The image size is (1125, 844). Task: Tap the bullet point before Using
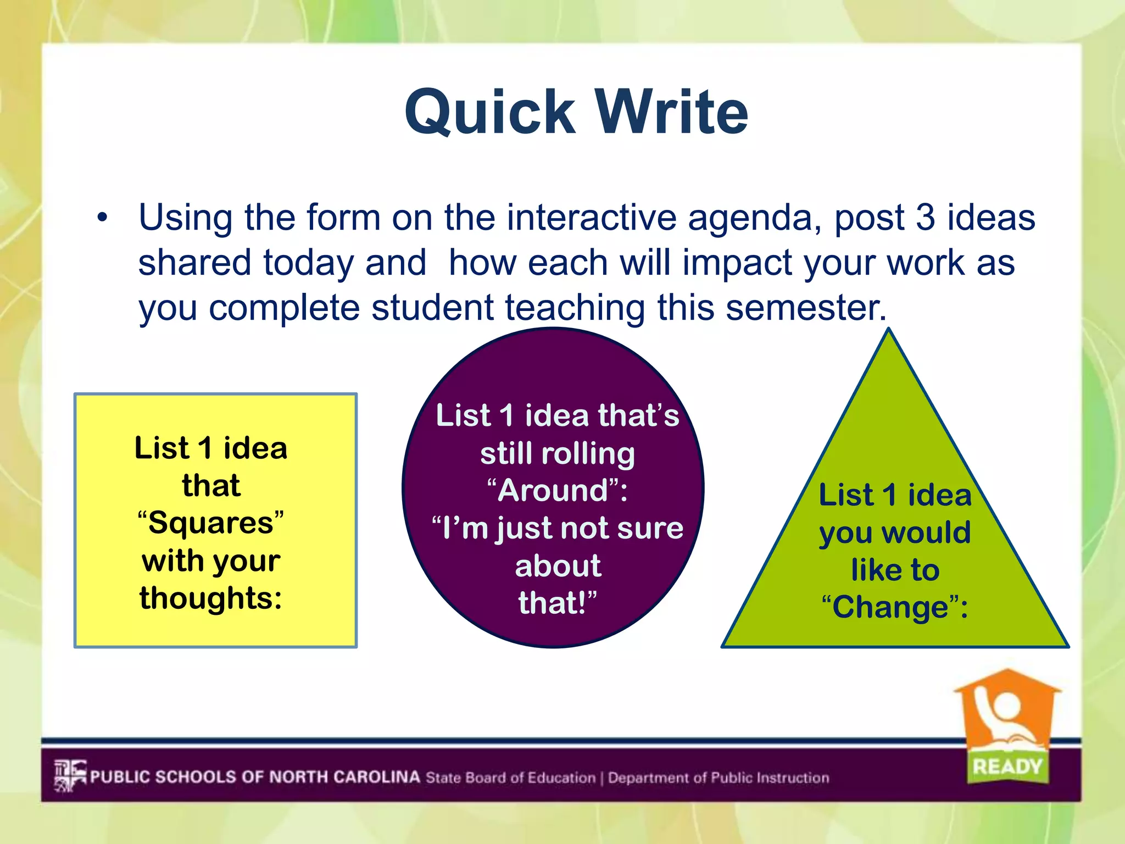coord(102,219)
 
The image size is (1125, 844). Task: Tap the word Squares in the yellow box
coord(211,523)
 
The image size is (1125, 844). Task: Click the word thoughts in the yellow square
coord(210,598)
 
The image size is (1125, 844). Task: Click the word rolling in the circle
coord(588,454)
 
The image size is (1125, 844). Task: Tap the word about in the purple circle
coord(558,566)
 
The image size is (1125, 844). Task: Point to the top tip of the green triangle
coord(889,330)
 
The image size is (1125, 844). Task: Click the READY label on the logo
coord(1007,766)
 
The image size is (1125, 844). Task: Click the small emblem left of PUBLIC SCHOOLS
coord(70,775)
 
